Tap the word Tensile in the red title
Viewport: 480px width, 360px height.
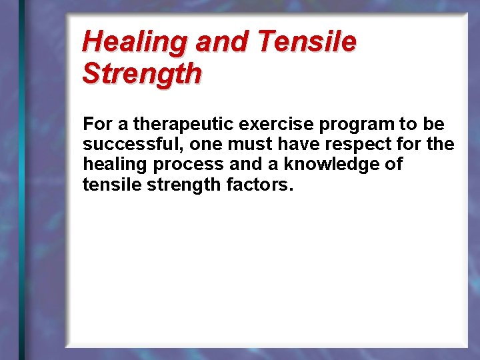coord(307,43)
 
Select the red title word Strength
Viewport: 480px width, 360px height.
coord(141,73)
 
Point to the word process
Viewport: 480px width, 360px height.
coord(190,165)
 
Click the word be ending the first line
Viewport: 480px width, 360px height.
coord(434,125)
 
